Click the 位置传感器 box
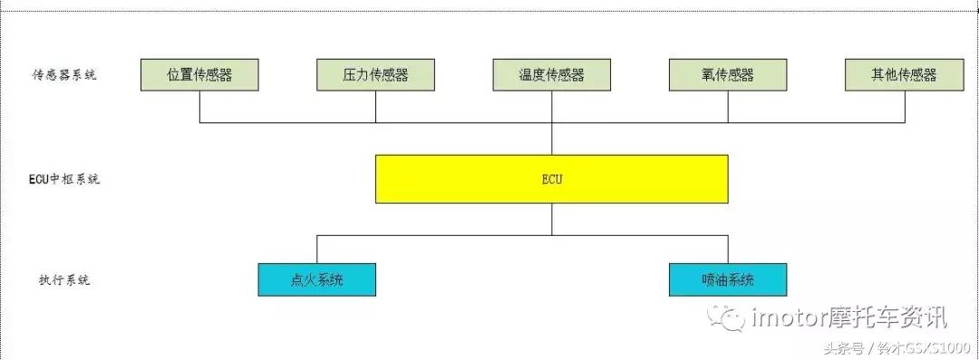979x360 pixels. click(x=199, y=75)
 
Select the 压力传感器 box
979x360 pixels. click(x=375, y=75)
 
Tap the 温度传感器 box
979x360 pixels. click(x=551, y=75)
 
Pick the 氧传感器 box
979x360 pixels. click(x=727, y=75)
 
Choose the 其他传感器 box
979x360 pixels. click(x=904, y=75)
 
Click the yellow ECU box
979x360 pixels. click(x=551, y=179)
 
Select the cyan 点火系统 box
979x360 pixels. click(x=316, y=279)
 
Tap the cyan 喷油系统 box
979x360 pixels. click(x=728, y=279)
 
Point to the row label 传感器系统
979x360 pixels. click(x=63, y=75)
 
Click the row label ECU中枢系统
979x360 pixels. click(x=63, y=179)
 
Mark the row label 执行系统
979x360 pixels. click(x=59, y=279)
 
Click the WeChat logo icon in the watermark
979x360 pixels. click(x=730, y=316)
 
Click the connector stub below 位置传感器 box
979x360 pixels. click(x=199, y=106)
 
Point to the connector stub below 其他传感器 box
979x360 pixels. click(x=905, y=106)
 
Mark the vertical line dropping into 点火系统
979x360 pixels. click(x=316, y=248)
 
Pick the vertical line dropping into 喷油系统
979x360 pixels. click(x=728, y=248)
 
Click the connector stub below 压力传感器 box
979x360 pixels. click(x=375, y=106)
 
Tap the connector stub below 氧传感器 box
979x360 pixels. click(x=728, y=106)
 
